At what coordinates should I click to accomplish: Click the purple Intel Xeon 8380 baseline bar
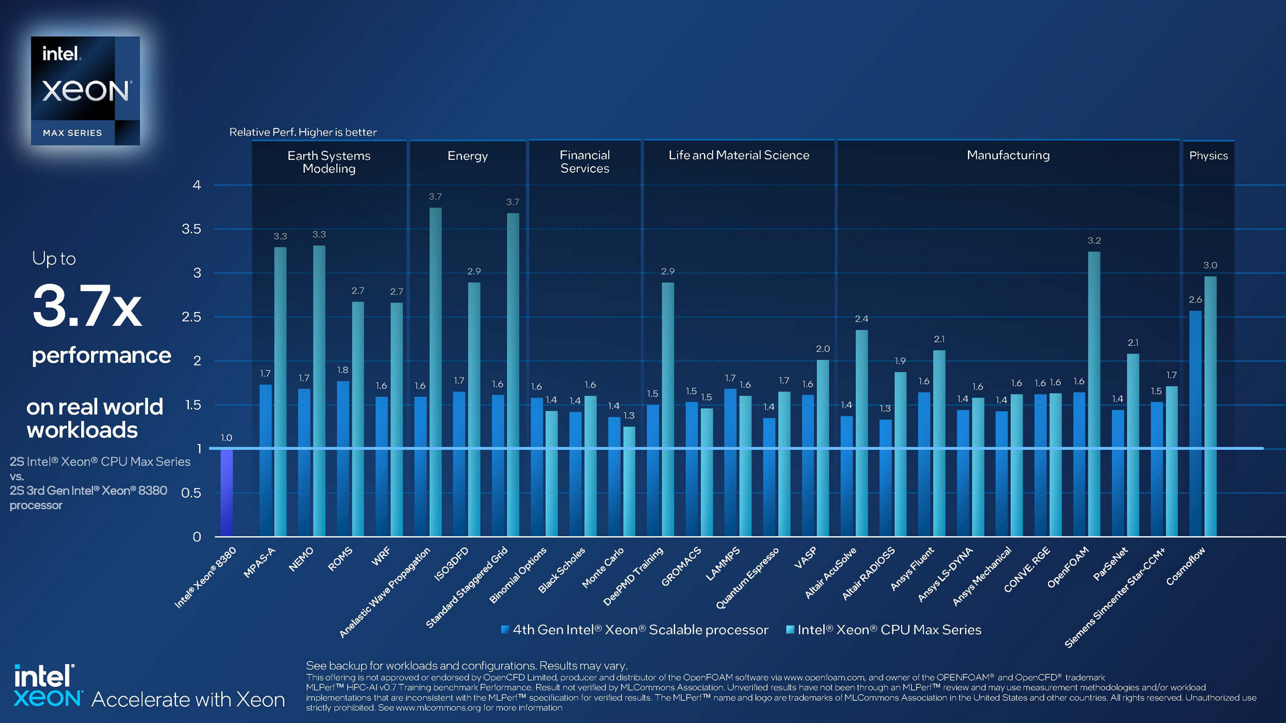pos(226,492)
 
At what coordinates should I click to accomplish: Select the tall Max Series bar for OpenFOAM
pos(1094,395)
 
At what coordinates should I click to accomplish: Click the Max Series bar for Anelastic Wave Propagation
pos(435,372)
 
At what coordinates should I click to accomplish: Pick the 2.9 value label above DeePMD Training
pos(668,271)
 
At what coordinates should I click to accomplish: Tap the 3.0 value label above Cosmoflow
pos(1210,265)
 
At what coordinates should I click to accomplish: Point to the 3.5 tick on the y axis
pos(192,229)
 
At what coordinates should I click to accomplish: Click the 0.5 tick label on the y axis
pos(192,493)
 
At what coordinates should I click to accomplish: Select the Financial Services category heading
pos(585,161)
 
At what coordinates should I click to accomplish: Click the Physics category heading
pos(1208,155)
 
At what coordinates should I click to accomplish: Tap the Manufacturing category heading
pos(1008,155)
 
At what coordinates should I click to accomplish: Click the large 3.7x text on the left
pos(87,307)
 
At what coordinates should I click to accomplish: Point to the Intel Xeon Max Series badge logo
pos(86,90)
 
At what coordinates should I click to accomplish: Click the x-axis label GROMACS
pos(681,566)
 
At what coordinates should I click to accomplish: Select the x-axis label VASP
pos(805,558)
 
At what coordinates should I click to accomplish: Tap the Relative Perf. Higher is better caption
pos(303,132)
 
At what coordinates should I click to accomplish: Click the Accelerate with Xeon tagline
pos(188,699)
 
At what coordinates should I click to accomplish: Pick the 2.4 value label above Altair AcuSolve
pos(861,319)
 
